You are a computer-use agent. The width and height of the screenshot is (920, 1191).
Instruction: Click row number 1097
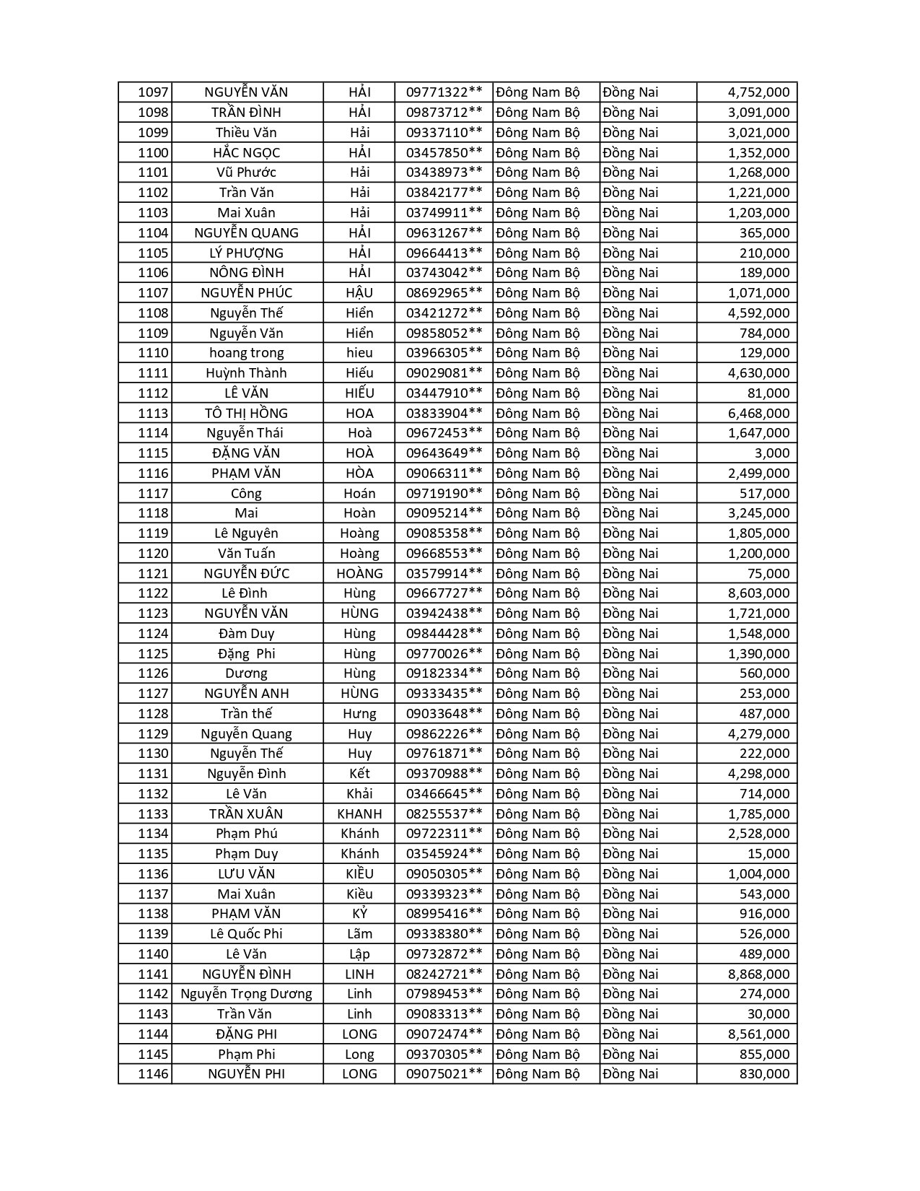pos(153,92)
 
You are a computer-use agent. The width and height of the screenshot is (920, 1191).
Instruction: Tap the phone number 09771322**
pos(444,92)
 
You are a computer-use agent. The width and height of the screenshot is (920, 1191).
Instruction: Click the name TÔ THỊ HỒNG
pos(246,413)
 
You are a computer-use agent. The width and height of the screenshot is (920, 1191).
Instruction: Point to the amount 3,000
pos(773,453)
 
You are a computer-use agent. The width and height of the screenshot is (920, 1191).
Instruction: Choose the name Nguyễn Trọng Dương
pos(246,994)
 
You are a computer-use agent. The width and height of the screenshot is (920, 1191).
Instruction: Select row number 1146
pos(153,1074)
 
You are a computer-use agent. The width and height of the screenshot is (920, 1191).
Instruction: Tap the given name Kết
pos(359,774)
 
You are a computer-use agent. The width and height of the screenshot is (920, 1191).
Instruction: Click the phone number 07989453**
pos(444,994)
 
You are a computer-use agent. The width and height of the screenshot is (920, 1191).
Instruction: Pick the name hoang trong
pos(246,353)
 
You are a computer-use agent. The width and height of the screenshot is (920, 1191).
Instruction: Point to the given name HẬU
pos(359,293)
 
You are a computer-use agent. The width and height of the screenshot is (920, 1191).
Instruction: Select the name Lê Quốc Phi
pos(246,934)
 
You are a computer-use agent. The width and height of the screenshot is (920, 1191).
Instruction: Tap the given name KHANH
pos(359,813)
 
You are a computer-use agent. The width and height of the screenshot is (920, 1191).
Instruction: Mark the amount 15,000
pos(768,854)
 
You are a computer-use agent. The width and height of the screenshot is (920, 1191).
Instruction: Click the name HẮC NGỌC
pos(246,152)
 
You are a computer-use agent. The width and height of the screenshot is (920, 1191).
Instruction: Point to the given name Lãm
pos(359,934)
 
